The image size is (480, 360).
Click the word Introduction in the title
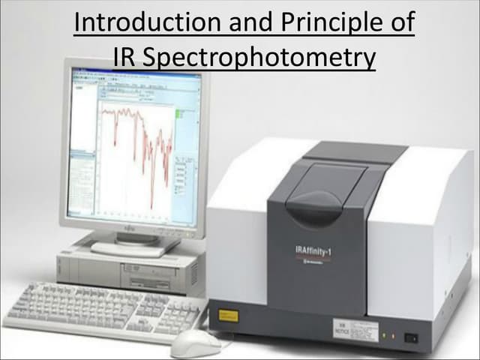point(142,23)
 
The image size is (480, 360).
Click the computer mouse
point(196,343)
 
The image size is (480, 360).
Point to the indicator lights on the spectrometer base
point(385,335)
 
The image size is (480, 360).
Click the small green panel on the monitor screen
point(180,114)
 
